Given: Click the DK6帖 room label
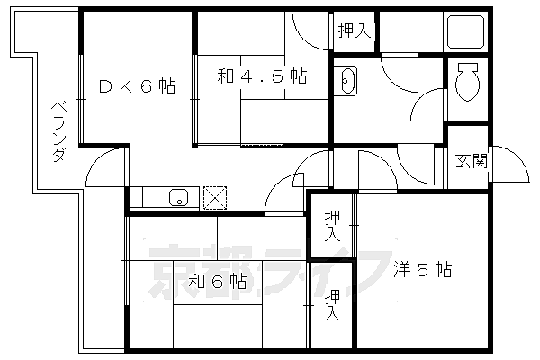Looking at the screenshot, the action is (138, 86).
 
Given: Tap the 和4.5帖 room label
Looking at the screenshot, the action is (262, 76).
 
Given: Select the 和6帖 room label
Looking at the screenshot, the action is (218, 282).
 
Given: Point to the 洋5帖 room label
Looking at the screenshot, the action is (423, 269).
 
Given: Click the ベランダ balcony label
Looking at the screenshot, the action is (59, 131).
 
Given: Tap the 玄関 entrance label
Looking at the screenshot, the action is (472, 160).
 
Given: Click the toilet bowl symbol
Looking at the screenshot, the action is (467, 82).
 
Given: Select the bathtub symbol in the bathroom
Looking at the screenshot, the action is (465, 31).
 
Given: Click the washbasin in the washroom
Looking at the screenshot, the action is (346, 81).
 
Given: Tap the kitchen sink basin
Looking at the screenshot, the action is (179, 197).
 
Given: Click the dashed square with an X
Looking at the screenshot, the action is (215, 198).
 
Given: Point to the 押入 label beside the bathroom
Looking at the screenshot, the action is (355, 31).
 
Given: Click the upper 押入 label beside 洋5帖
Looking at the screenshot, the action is (332, 226).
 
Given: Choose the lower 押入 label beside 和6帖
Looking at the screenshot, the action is (332, 305).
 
